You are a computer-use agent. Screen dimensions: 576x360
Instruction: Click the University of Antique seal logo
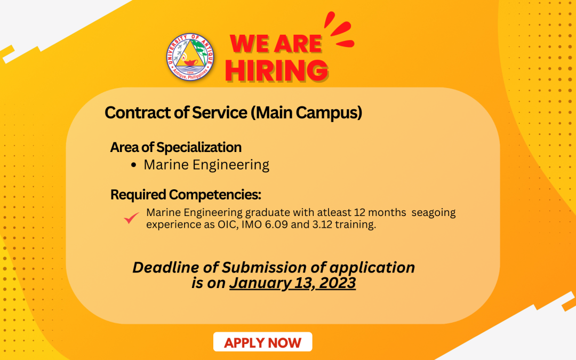point(190,57)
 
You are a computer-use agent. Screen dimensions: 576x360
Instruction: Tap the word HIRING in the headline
point(277,70)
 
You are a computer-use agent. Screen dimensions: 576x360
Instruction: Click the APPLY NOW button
point(262,342)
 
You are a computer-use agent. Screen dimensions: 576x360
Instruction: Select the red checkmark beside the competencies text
point(131,218)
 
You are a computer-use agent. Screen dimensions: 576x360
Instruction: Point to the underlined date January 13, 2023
point(292,283)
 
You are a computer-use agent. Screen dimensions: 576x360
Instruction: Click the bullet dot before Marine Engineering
point(133,165)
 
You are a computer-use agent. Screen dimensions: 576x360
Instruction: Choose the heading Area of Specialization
point(175,147)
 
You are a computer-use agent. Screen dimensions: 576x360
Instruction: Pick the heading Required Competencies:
point(186,195)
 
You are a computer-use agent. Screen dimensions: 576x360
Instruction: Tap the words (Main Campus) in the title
point(306,113)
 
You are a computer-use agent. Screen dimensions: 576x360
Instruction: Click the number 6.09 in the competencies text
point(276,225)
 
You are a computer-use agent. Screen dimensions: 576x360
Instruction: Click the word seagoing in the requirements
point(434,213)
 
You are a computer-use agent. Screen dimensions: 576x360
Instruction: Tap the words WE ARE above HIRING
point(276,44)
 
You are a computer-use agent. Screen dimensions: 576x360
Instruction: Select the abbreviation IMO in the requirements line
point(251,225)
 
